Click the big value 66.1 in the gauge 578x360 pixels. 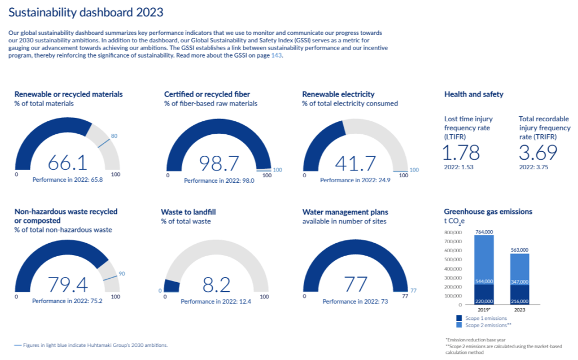click(67, 163)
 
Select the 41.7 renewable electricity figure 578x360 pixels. click(356, 164)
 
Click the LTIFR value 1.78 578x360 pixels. click(461, 152)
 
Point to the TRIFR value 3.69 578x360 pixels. click(538, 152)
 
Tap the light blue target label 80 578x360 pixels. click(114, 136)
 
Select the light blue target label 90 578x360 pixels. click(121, 274)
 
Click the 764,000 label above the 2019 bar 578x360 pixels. click(484, 232)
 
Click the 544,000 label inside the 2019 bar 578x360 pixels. click(484, 280)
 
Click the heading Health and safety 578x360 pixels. click(474, 94)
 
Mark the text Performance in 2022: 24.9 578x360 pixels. click(355, 181)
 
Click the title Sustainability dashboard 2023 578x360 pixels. click(87, 12)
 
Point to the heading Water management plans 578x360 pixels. click(345, 212)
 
